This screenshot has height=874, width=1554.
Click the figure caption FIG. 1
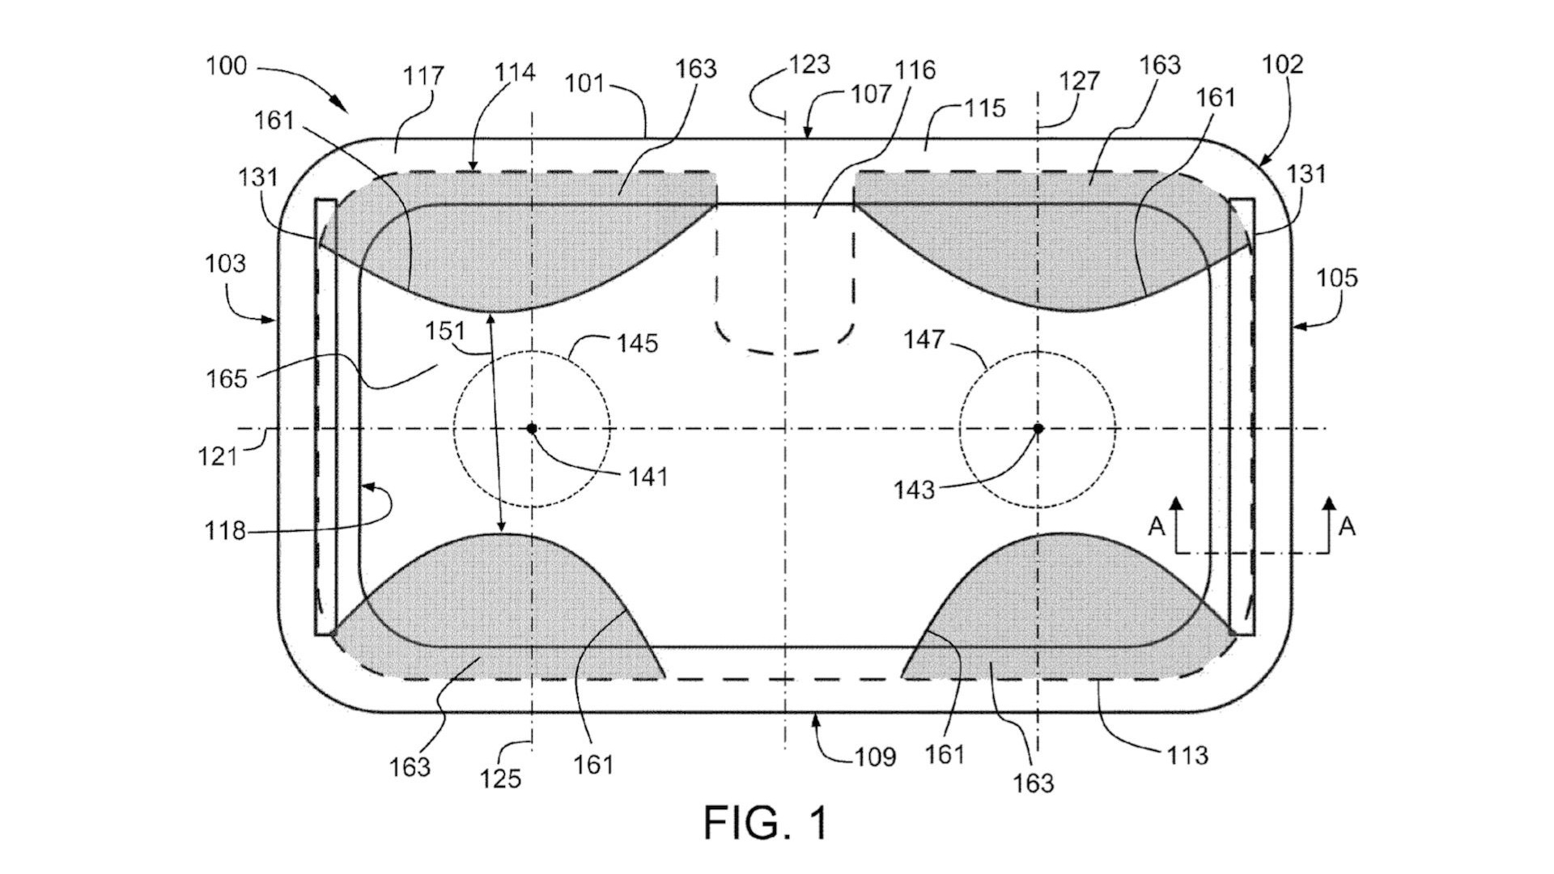click(766, 822)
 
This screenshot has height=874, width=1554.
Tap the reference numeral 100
click(226, 66)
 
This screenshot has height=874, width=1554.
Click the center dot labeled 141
click(532, 428)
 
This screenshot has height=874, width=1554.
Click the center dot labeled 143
click(1038, 428)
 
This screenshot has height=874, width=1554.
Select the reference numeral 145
click(637, 343)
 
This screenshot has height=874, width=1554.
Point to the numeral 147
click(924, 339)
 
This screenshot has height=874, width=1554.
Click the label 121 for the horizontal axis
click(218, 456)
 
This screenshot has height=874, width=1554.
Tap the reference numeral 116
click(915, 70)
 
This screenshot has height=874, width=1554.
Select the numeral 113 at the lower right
click(1187, 755)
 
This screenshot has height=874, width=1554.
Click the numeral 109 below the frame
click(875, 757)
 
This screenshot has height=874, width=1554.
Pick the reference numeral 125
click(501, 779)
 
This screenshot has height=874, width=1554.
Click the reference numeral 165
click(227, 378)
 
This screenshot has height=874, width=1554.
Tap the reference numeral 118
click(225, 531)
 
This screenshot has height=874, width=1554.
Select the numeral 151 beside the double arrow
click(445, 331)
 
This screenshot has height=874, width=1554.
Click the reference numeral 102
click(1283, 65)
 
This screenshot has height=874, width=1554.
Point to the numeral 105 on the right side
click(1337, 278)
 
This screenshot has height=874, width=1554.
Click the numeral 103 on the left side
click(225, 264)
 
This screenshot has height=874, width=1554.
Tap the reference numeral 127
click(1081, 81)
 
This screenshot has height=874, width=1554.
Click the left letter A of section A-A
click(1157, 527)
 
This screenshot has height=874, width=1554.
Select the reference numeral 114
click(516, 72)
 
